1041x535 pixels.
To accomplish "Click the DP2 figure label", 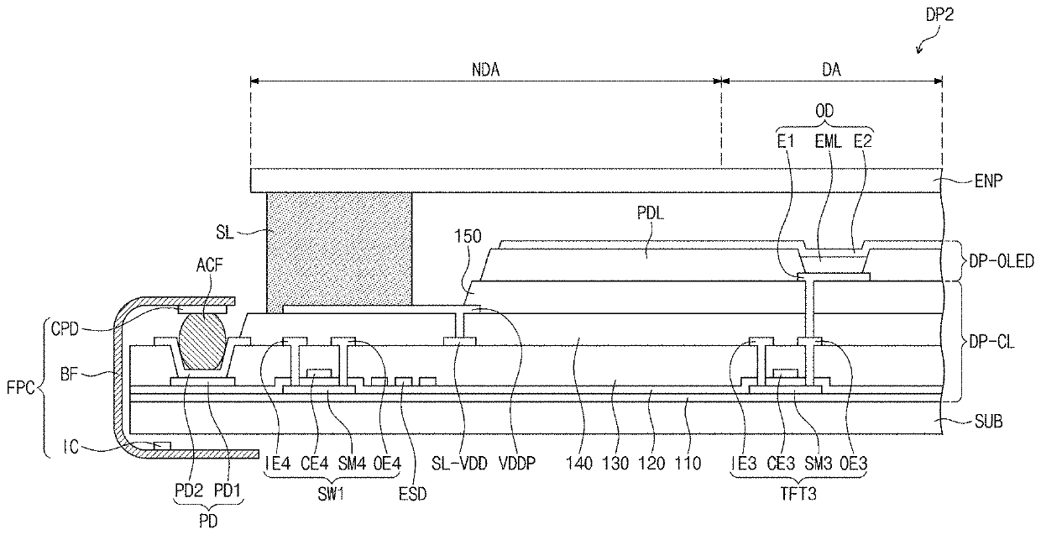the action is pos(939,15).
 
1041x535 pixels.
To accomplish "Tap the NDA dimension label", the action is pos(485,70).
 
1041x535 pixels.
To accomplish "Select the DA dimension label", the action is pos(831,70).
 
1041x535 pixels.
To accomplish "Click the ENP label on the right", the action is pos(988,181).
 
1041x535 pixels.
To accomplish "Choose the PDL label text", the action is pos(650,213).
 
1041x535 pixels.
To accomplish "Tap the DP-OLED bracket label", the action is pos(1002,261).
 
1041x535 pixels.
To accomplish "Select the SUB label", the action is pos(988,422).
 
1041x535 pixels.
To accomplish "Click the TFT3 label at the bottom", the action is pos(798,494).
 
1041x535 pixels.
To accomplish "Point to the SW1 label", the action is pos(332,494).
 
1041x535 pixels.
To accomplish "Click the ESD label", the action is pos(413,494).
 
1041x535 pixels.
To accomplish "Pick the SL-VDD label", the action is pos(459,463).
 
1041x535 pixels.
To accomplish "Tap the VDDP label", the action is pos(517,463).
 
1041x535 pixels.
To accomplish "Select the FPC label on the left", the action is pos(20,387).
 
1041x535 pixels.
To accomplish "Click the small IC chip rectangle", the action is pos(162,446).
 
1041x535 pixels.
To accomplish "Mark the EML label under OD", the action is pos(828,141).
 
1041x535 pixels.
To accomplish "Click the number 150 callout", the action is pos(468,237).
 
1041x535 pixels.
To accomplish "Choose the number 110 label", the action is pos(688,463).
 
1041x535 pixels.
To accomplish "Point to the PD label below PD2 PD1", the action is pos(208,522).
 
